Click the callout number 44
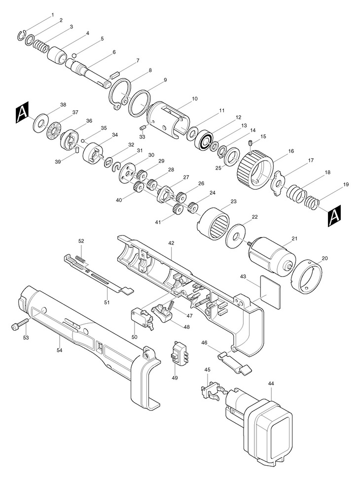click(271, 384)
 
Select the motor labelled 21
click(272, 255)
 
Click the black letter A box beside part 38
click(22, 112)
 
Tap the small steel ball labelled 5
click(74, 56)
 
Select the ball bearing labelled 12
click(206, 141)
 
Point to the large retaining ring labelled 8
click(120, 94)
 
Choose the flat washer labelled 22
click(236, 237)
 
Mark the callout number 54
click(59, 350)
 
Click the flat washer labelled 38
click(40, 123)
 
